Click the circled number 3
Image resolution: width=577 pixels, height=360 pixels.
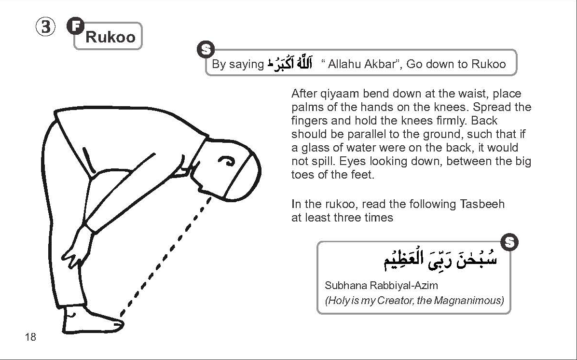click(x=45, y=28)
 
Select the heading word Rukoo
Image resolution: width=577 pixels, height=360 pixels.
click(x=110, y=37)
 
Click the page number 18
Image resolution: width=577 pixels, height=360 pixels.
click(x=30, y=337)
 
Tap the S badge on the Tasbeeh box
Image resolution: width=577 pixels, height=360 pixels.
click(x=509, y=242)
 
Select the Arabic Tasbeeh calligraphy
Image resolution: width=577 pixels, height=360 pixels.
click(x=440, y=261)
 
